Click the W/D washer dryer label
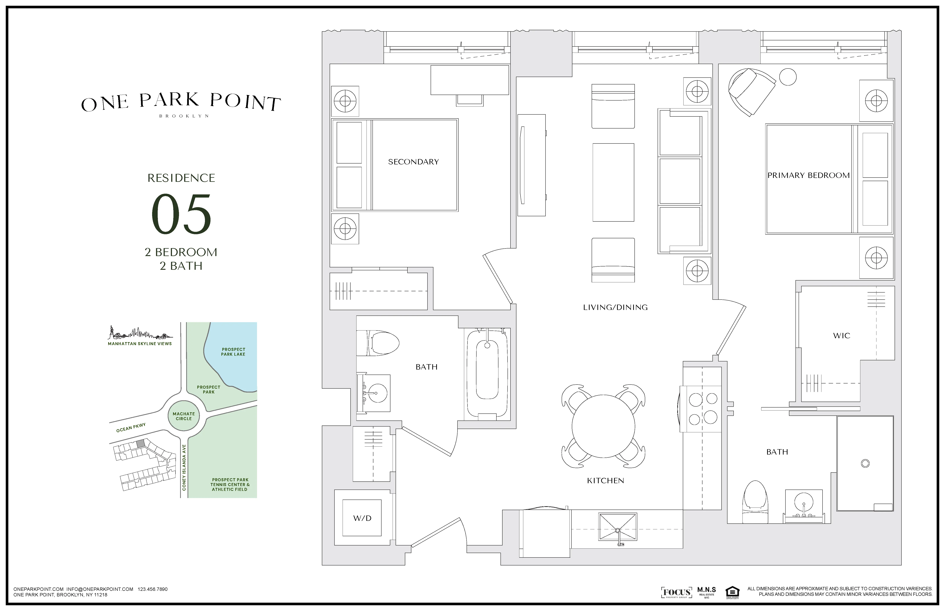[x=362, y=518]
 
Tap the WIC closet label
[x=841, y=336]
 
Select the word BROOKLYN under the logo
[x=184, y=116]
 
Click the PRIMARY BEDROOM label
[x=808, y=175]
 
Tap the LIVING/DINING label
[x=615, y=308]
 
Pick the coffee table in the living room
[x=613, y=183]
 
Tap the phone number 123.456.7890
[x=152, y=589]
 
